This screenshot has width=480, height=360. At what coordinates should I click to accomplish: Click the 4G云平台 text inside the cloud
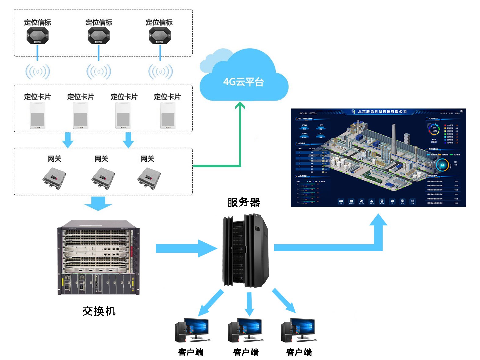[243, 82]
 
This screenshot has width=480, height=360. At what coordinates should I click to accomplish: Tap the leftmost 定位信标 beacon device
[38, 35]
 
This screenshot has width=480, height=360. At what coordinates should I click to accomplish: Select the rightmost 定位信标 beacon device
[160, 35]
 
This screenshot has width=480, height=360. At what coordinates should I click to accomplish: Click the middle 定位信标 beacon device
[99, 35]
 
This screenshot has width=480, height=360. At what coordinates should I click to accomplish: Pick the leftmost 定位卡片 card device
[38, 116]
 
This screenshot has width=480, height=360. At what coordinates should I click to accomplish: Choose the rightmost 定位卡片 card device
[168, 116]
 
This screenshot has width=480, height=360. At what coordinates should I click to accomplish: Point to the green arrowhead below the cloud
[240, 105]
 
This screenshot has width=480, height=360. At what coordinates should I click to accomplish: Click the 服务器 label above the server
[244, 202]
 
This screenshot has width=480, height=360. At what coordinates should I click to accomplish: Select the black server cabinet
[246, 251]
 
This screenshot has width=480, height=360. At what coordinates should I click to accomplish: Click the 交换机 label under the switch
[99, 311]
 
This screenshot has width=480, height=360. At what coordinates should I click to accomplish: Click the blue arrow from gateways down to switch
[98, 204]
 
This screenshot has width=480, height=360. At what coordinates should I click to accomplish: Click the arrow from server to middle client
[249, 304]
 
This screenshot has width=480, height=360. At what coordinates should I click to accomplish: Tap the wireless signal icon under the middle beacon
[99, 72]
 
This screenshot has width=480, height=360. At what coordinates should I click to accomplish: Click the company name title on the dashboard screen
[382, 112]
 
